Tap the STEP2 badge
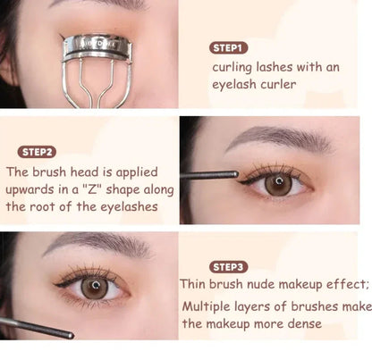click(37, 152)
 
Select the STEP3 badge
click(228, 266)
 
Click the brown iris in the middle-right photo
click(279, 184)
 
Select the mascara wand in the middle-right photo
click(209, 174)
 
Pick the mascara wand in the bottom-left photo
click(36, 327)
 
